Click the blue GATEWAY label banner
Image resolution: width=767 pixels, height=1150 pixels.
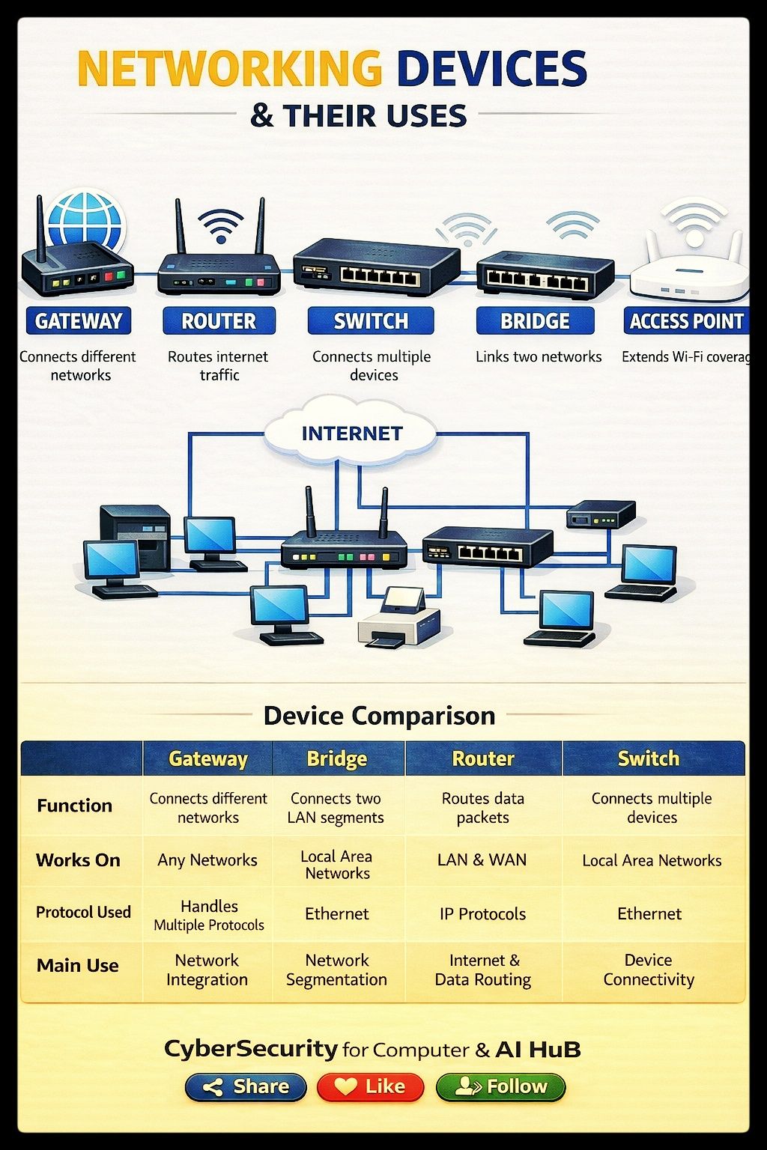[x=79, y=321]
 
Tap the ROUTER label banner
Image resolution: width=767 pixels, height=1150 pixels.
[x=219, y=321]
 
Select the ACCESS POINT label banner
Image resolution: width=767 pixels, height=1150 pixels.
[x=686, y=321]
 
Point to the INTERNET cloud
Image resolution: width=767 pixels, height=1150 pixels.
[x=351, y=432]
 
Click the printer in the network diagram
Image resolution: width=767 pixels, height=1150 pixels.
[x=399, y=618]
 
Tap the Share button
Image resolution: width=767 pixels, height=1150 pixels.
[x=246, y=1087]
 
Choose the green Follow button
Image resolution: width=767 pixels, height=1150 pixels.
[x=500, y=1087]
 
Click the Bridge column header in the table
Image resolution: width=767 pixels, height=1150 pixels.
[x=338, y=758]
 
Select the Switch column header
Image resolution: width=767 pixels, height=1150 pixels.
[x=649, y=758]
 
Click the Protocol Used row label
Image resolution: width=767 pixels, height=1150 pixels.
[x=83, y=913]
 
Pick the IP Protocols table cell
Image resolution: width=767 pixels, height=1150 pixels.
[x=483, y=914]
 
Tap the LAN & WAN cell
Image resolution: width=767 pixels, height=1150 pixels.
[x=482, y=860]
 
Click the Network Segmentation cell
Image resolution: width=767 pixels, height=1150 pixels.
[x=337, y=970]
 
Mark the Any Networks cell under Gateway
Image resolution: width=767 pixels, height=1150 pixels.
[x=207, y=860]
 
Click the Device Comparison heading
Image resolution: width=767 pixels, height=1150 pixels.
[x=379, y=716]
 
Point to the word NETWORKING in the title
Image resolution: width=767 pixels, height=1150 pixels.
[x=230, y=68]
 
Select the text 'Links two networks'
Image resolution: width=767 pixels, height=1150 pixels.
[x=539, y=356]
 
